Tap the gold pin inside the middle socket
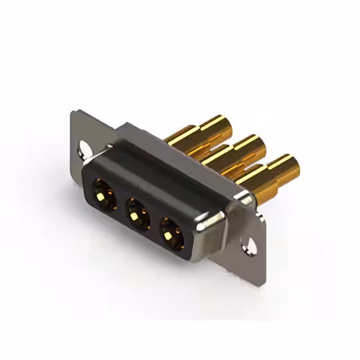tap(136, 215)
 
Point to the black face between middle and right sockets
tap(154, 221)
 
